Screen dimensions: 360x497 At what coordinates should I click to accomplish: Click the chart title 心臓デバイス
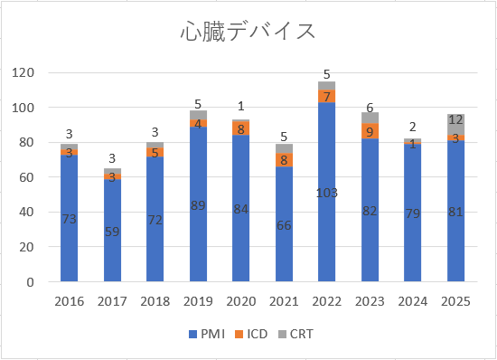coord(247,32)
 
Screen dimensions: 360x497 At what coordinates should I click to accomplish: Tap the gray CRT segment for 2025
coord(457,125)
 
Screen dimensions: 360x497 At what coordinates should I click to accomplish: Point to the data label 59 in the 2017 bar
coord(112,231)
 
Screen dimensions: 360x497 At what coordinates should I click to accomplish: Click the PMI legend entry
coord(202,335)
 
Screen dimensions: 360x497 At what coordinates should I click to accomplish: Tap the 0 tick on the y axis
coord(28,282)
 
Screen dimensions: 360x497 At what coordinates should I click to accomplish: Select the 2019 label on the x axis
coord(198,301)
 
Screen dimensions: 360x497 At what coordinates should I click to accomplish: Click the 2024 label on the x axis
coord(414,301)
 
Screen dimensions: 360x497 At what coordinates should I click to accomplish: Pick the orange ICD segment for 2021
coord(284,160)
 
